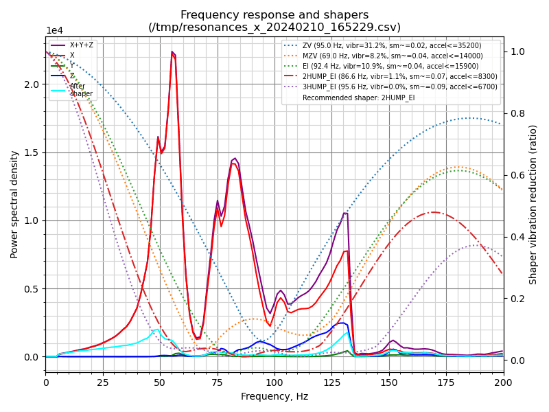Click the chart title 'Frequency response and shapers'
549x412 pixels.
point(274,15)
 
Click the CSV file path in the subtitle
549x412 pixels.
point(274,27)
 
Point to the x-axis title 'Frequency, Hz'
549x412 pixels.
point(274,396)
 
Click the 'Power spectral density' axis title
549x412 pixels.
point(14,204)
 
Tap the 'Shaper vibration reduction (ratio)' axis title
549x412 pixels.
point(533,204)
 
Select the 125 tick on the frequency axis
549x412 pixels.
point(332,381)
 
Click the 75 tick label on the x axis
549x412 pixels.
point(218,381)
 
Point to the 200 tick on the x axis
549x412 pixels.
point(503,381)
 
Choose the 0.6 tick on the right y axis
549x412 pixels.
point(515,175)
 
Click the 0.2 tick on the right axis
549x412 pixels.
point(515,299)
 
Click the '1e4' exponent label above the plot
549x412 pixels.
point(55,31)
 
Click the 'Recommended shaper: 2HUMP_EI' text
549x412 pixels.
point(358,98)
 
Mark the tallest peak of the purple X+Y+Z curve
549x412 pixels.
point(172,52)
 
